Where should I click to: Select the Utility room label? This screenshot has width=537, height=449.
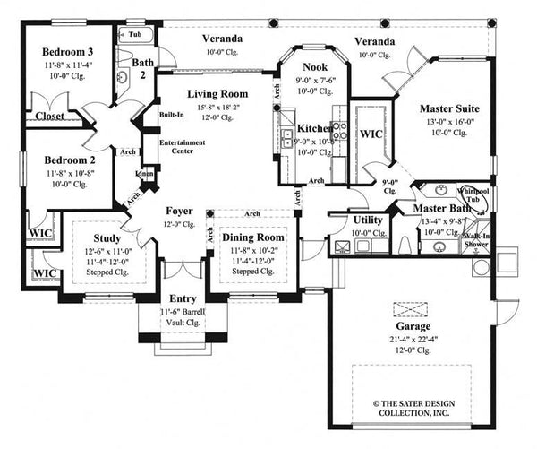point(369,220)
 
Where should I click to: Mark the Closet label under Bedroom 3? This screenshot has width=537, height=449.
point(50,116)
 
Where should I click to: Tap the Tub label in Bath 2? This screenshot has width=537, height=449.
point(135,34)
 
